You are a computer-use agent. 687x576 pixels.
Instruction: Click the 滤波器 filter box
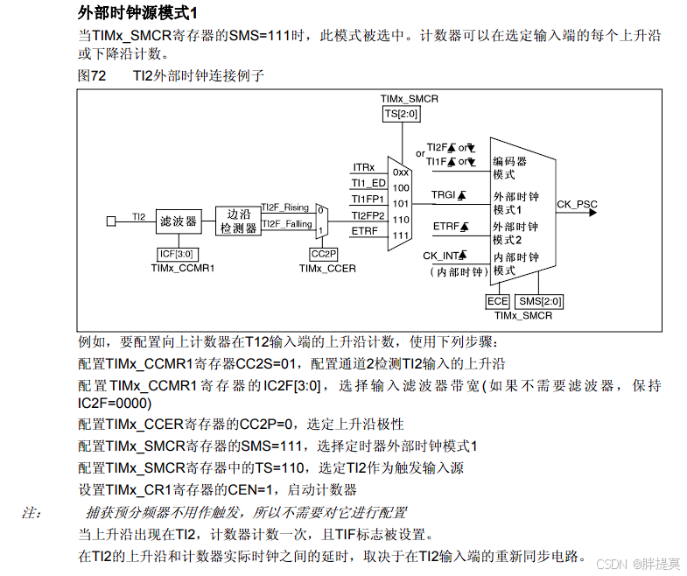[178, 221]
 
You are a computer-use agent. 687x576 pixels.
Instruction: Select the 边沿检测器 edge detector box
[238, 221]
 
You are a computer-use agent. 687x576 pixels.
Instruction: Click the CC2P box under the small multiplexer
[322, 254]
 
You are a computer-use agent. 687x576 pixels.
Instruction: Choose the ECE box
[496, 301]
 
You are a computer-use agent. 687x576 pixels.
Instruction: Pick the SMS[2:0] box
[539, 301]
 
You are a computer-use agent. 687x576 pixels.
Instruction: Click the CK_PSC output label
[577, 205]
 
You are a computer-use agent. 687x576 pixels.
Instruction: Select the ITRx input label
[364, 167]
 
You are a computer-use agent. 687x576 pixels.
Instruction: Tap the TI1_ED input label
[368, 183]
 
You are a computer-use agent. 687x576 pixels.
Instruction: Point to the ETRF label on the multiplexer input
[365, 230]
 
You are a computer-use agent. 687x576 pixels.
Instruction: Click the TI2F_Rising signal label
[285, 207]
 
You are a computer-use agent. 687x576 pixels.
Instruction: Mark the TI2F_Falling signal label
[286, 224]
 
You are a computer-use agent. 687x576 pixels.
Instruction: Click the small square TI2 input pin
[111, 221]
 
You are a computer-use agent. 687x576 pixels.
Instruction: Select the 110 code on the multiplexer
[401, 220]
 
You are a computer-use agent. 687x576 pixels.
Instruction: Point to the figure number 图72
[92, 76]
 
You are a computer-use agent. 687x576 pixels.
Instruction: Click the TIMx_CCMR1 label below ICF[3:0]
[182, 268]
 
